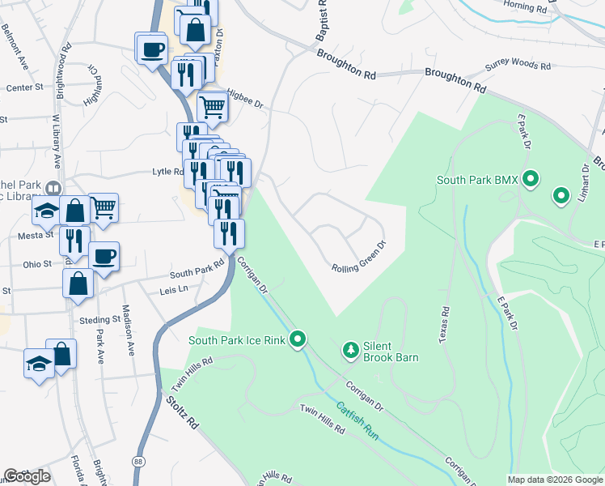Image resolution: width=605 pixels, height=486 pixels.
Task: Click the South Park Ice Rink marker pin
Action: point(298,340)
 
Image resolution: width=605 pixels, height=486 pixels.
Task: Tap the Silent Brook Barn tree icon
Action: point(350,350)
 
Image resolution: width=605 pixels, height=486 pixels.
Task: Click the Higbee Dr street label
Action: point(245,98)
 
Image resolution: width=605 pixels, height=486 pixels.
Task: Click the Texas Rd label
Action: point(444,324)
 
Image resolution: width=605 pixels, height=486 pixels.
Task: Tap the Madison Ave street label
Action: point(129,330)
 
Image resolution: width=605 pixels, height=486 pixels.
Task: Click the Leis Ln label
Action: point(174,288)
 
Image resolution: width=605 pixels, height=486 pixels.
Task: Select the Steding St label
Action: point(99,320)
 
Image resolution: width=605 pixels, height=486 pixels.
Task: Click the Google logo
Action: point(27,476)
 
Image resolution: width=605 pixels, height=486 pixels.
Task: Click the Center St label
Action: point(24,87)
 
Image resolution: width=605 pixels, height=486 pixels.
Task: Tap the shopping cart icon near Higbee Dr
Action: point(213,104)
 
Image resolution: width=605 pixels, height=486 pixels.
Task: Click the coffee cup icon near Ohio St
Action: point(104,257)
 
